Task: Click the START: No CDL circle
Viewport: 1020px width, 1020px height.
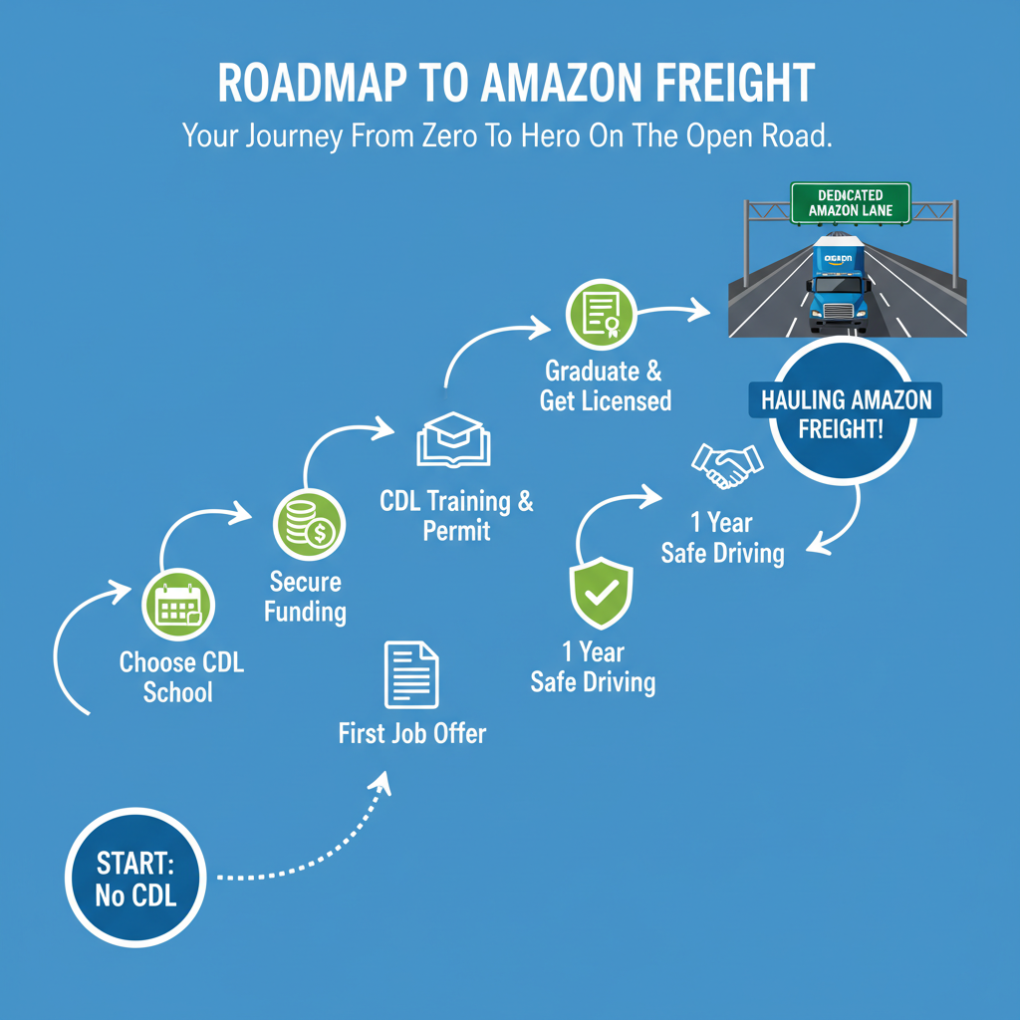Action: click(136, 878)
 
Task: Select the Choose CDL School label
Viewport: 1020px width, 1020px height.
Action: click(180, 677)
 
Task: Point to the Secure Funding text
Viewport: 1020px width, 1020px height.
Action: click(305, 596)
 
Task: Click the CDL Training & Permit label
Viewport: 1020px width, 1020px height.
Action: click(456, 515)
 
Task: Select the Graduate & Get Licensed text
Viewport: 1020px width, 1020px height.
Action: click(605, 385)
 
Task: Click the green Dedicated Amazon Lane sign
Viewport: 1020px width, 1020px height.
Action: click(850, 202)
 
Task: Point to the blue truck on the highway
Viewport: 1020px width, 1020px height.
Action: click(839, 285)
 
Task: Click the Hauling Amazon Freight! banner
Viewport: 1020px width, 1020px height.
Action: click(846, 415)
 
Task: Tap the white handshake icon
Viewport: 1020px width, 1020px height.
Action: click(727, 466)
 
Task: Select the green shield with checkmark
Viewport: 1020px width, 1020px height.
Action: click(600, 594)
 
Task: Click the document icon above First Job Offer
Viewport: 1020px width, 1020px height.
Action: click(411, 674)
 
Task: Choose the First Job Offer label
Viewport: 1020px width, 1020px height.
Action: click(411, 734)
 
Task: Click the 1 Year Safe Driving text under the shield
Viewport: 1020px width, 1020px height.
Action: click(593, 666)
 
